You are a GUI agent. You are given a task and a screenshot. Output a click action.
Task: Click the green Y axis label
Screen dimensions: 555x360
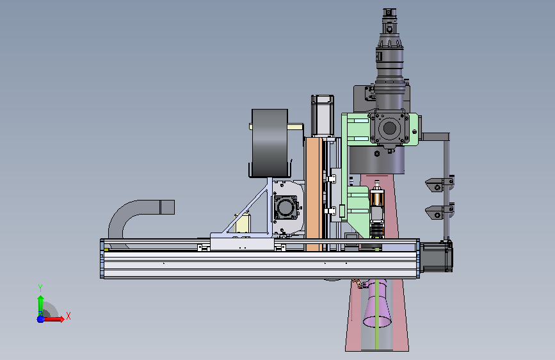pyautogui.click(x=40, y=288)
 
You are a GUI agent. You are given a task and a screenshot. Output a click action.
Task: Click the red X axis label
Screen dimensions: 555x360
pyautogui.click(x=68, y=316)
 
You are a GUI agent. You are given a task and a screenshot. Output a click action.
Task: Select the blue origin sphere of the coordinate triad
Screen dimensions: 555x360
pyautogui.click(x=41, y=319)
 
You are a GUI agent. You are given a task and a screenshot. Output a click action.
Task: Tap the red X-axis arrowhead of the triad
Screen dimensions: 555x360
pyautogui.click(x=62, y=319)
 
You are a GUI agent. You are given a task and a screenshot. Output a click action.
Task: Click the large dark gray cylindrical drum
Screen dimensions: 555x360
pyautogui.click(x=269, y=143)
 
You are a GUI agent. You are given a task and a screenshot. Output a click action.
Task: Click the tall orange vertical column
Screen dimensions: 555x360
pyautogui.click(x=314, y=194)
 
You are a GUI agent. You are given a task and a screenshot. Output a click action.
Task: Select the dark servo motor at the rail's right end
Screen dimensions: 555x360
pyautogui.click(x=436, y=256)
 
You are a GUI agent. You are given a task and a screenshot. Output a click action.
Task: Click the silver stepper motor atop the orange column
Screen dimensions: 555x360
pyautogui.click(x=323, y=115)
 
